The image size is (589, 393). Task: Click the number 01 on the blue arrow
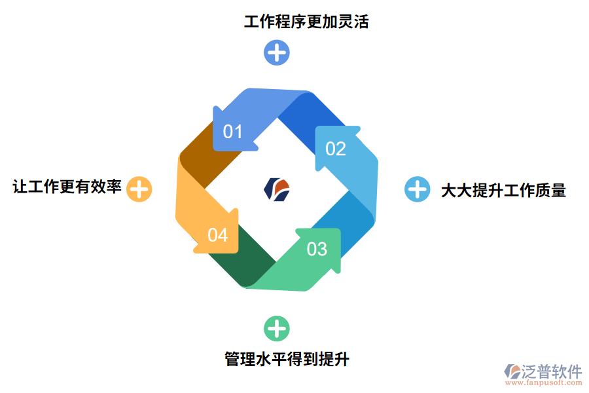pos(233,132)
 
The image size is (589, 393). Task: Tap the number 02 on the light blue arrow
pos(335,149)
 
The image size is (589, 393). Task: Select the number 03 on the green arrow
pos(317,249)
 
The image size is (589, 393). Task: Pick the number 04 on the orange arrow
pos(217,234)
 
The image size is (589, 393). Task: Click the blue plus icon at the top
pos(277,52)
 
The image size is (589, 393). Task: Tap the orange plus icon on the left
pos(139,189)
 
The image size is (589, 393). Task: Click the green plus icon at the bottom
pos(276,328)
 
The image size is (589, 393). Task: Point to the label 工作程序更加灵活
pos(306,22)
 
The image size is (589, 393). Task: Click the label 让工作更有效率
pos(67,187)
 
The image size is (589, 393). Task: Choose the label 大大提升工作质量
pos(503,191)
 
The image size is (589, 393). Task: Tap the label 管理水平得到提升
pos(287,360)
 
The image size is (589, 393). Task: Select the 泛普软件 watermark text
pos(551,371)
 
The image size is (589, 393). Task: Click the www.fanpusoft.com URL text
pos(544,384)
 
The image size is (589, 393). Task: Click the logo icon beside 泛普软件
pos(512,372)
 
